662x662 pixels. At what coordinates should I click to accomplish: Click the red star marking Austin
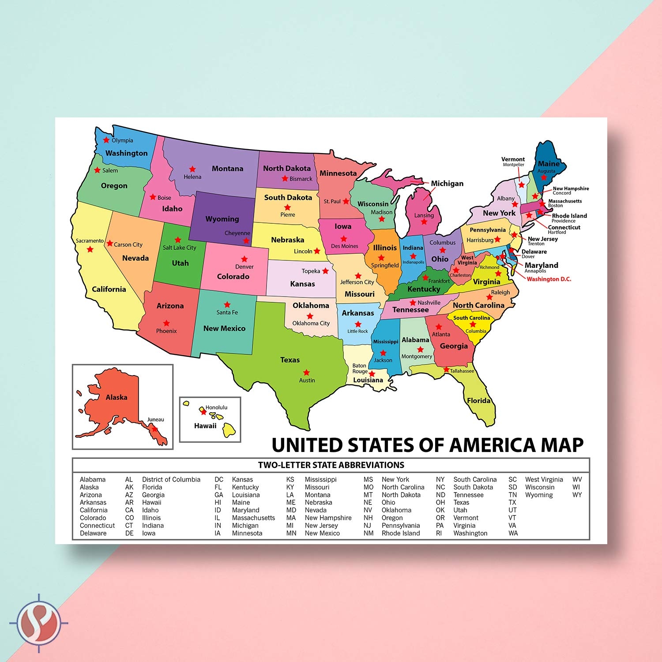tap(306, 372)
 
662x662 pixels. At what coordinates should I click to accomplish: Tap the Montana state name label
tap(227, 169)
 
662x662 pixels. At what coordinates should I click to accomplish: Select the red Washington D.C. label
tap(549, 279)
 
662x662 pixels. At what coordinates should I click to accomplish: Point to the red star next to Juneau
tap(154, 428)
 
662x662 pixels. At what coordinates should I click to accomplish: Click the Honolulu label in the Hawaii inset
tap(216, 407)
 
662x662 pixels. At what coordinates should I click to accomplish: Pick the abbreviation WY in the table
tap(577, 495)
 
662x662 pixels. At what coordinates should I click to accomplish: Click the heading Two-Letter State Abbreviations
tap(331, 465)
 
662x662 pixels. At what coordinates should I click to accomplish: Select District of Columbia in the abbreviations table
tap(171, 479)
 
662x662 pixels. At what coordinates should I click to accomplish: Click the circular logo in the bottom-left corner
tap(39, 623)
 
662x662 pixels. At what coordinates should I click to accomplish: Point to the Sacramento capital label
tap(90, 241)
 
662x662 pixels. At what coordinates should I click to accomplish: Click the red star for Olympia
tap(106, 140)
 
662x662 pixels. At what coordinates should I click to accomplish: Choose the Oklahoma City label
tap(311, 323)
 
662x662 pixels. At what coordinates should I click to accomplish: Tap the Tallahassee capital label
tap(462, 371)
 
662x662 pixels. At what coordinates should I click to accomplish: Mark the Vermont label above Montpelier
tap(513, 159)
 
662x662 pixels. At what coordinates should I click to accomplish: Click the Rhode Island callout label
tap(569, 216)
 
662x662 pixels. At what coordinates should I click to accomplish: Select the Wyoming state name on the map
tap(222, 219)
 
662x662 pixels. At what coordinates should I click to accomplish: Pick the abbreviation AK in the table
tap(129, 487)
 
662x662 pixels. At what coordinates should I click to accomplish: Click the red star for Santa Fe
tap(227, 305)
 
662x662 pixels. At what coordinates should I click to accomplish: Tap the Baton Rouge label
tap(359, 369)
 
